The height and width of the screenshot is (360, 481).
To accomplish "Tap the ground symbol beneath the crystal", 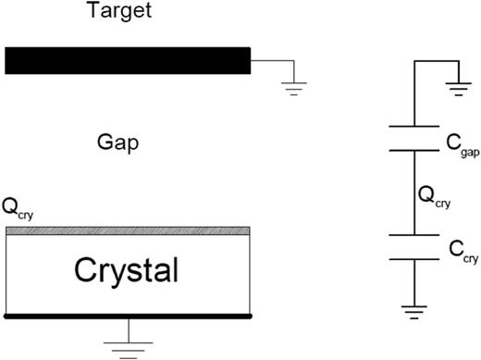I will pyautogui.click(x=128, y=347).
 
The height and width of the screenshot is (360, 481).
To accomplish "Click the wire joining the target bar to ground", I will pyautogui.click(x=273, y=61).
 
